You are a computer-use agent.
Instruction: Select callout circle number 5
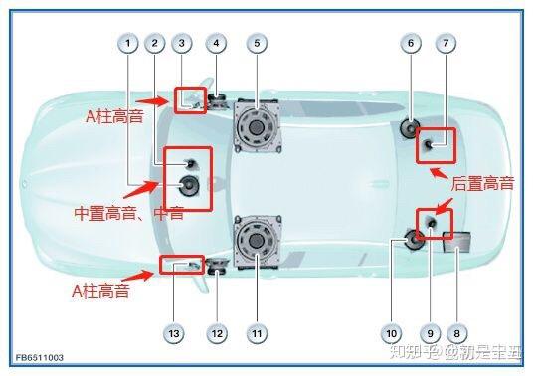click(x=257, y=43)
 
